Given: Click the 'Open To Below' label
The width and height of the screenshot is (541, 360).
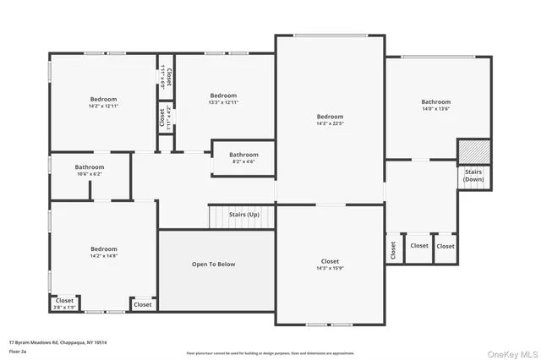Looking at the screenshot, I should pos(213,265).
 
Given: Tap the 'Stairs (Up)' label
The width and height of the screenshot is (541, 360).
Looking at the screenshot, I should pos(243,214).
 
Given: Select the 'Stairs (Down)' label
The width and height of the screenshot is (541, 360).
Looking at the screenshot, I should pos(473,176).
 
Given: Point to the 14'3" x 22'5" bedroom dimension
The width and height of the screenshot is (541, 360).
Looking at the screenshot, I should pos(330,124).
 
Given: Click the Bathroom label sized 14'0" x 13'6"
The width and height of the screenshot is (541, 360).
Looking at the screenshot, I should pos(436,101).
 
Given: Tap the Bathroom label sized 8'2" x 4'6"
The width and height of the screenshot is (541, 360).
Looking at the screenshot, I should pos(243,155).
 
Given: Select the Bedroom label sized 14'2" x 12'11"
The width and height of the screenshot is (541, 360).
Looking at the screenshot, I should pos(103,99).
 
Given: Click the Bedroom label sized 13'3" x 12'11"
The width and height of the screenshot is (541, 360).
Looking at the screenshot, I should pos(223,95).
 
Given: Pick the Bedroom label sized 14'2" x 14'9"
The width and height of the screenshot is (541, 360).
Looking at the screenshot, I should pos(104,248).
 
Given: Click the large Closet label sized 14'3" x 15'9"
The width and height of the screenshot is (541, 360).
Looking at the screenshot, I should pos(330,261).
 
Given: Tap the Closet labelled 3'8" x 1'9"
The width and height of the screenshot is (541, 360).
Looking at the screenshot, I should pos(64,300).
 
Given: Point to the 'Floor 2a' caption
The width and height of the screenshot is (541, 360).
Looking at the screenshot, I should pos(17,351).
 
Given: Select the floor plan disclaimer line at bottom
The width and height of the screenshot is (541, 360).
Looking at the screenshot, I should pos(270,353).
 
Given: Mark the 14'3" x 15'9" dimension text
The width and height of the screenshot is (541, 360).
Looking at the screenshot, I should pos(330,269).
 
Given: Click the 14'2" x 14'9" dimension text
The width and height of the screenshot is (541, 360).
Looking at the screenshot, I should pos(104,256).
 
